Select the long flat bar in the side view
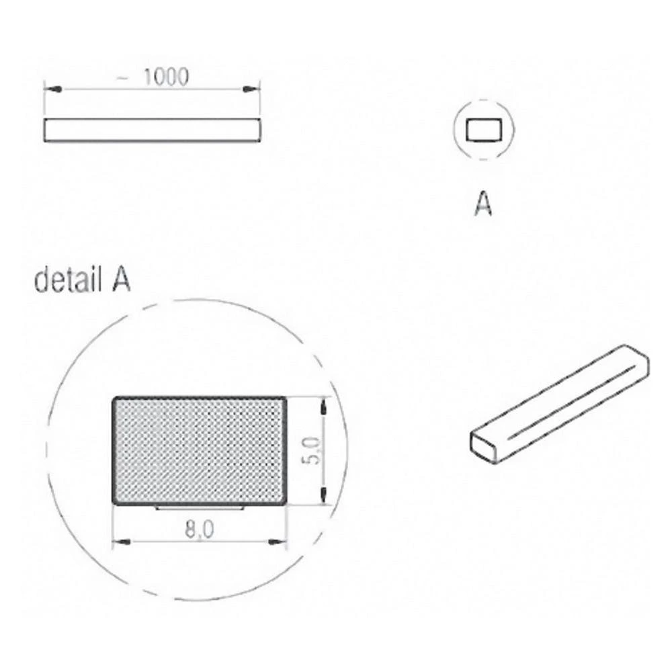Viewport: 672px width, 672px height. coord(151,130)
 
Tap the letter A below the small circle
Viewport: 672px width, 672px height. coord(482,203)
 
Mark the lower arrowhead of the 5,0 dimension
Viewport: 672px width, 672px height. coord(324,497)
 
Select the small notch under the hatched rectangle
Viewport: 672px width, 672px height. coord(199,508)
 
